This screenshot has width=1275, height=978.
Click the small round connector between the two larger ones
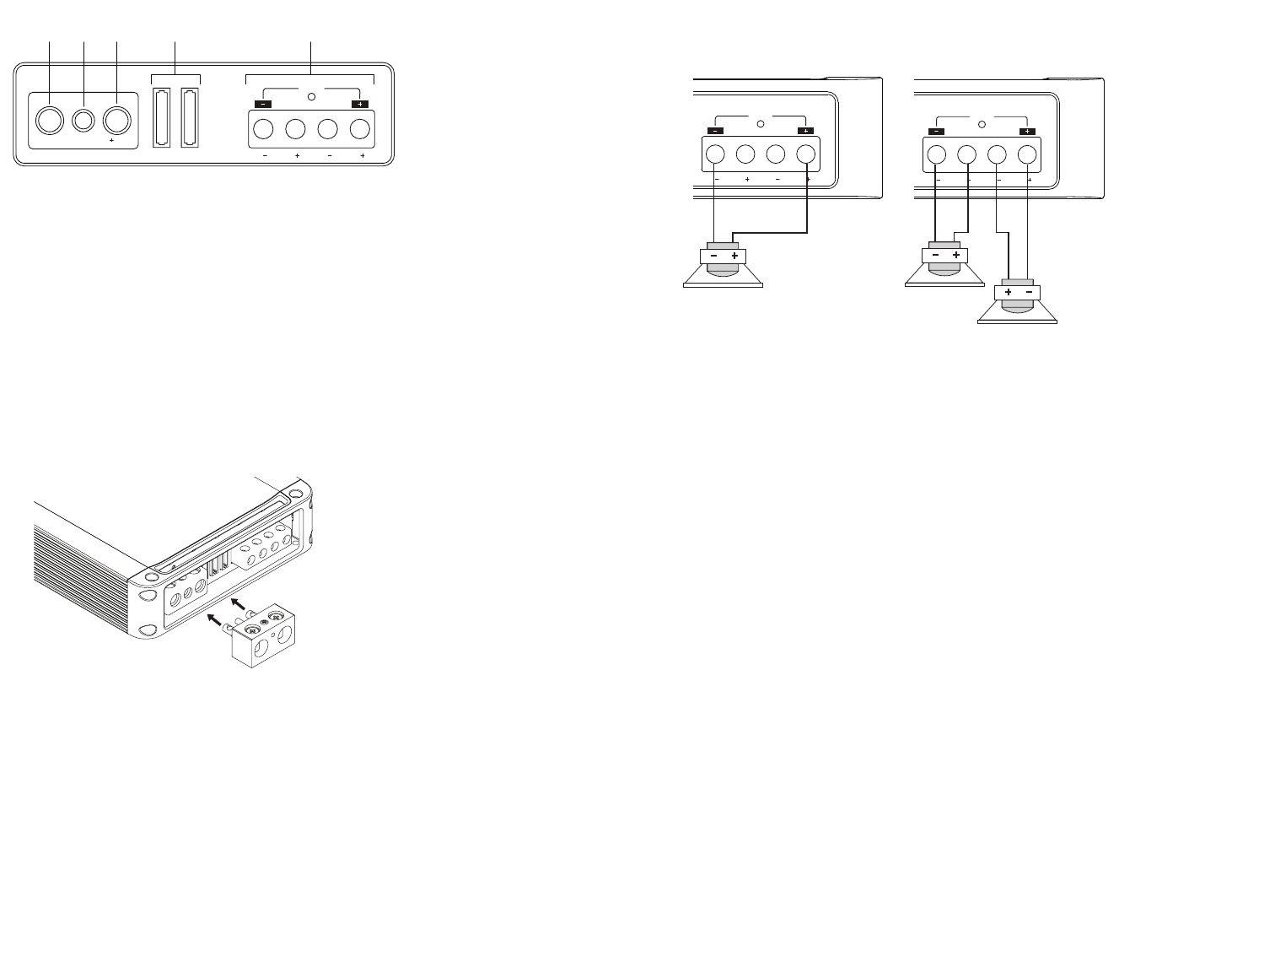pos(83,122)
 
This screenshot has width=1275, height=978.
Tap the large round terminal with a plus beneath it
pos(116,122)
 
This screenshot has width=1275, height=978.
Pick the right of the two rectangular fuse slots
pos(189,117)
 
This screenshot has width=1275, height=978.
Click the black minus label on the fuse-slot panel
pos(260,104)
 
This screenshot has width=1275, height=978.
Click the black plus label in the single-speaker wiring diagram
pos(804,131)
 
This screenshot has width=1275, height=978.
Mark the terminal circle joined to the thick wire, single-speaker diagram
pos(806,155)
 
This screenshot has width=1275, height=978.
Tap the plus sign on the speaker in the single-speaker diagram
pos(734,256)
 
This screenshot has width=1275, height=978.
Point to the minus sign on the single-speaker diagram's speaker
pos(714,256)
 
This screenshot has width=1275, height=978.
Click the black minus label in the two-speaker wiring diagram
pos(936,131)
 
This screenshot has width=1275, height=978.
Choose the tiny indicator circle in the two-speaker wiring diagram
pos(982,124)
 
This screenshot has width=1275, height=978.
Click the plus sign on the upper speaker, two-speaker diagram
pos(955,256)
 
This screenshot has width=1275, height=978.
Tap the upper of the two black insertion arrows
pos(240,602)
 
